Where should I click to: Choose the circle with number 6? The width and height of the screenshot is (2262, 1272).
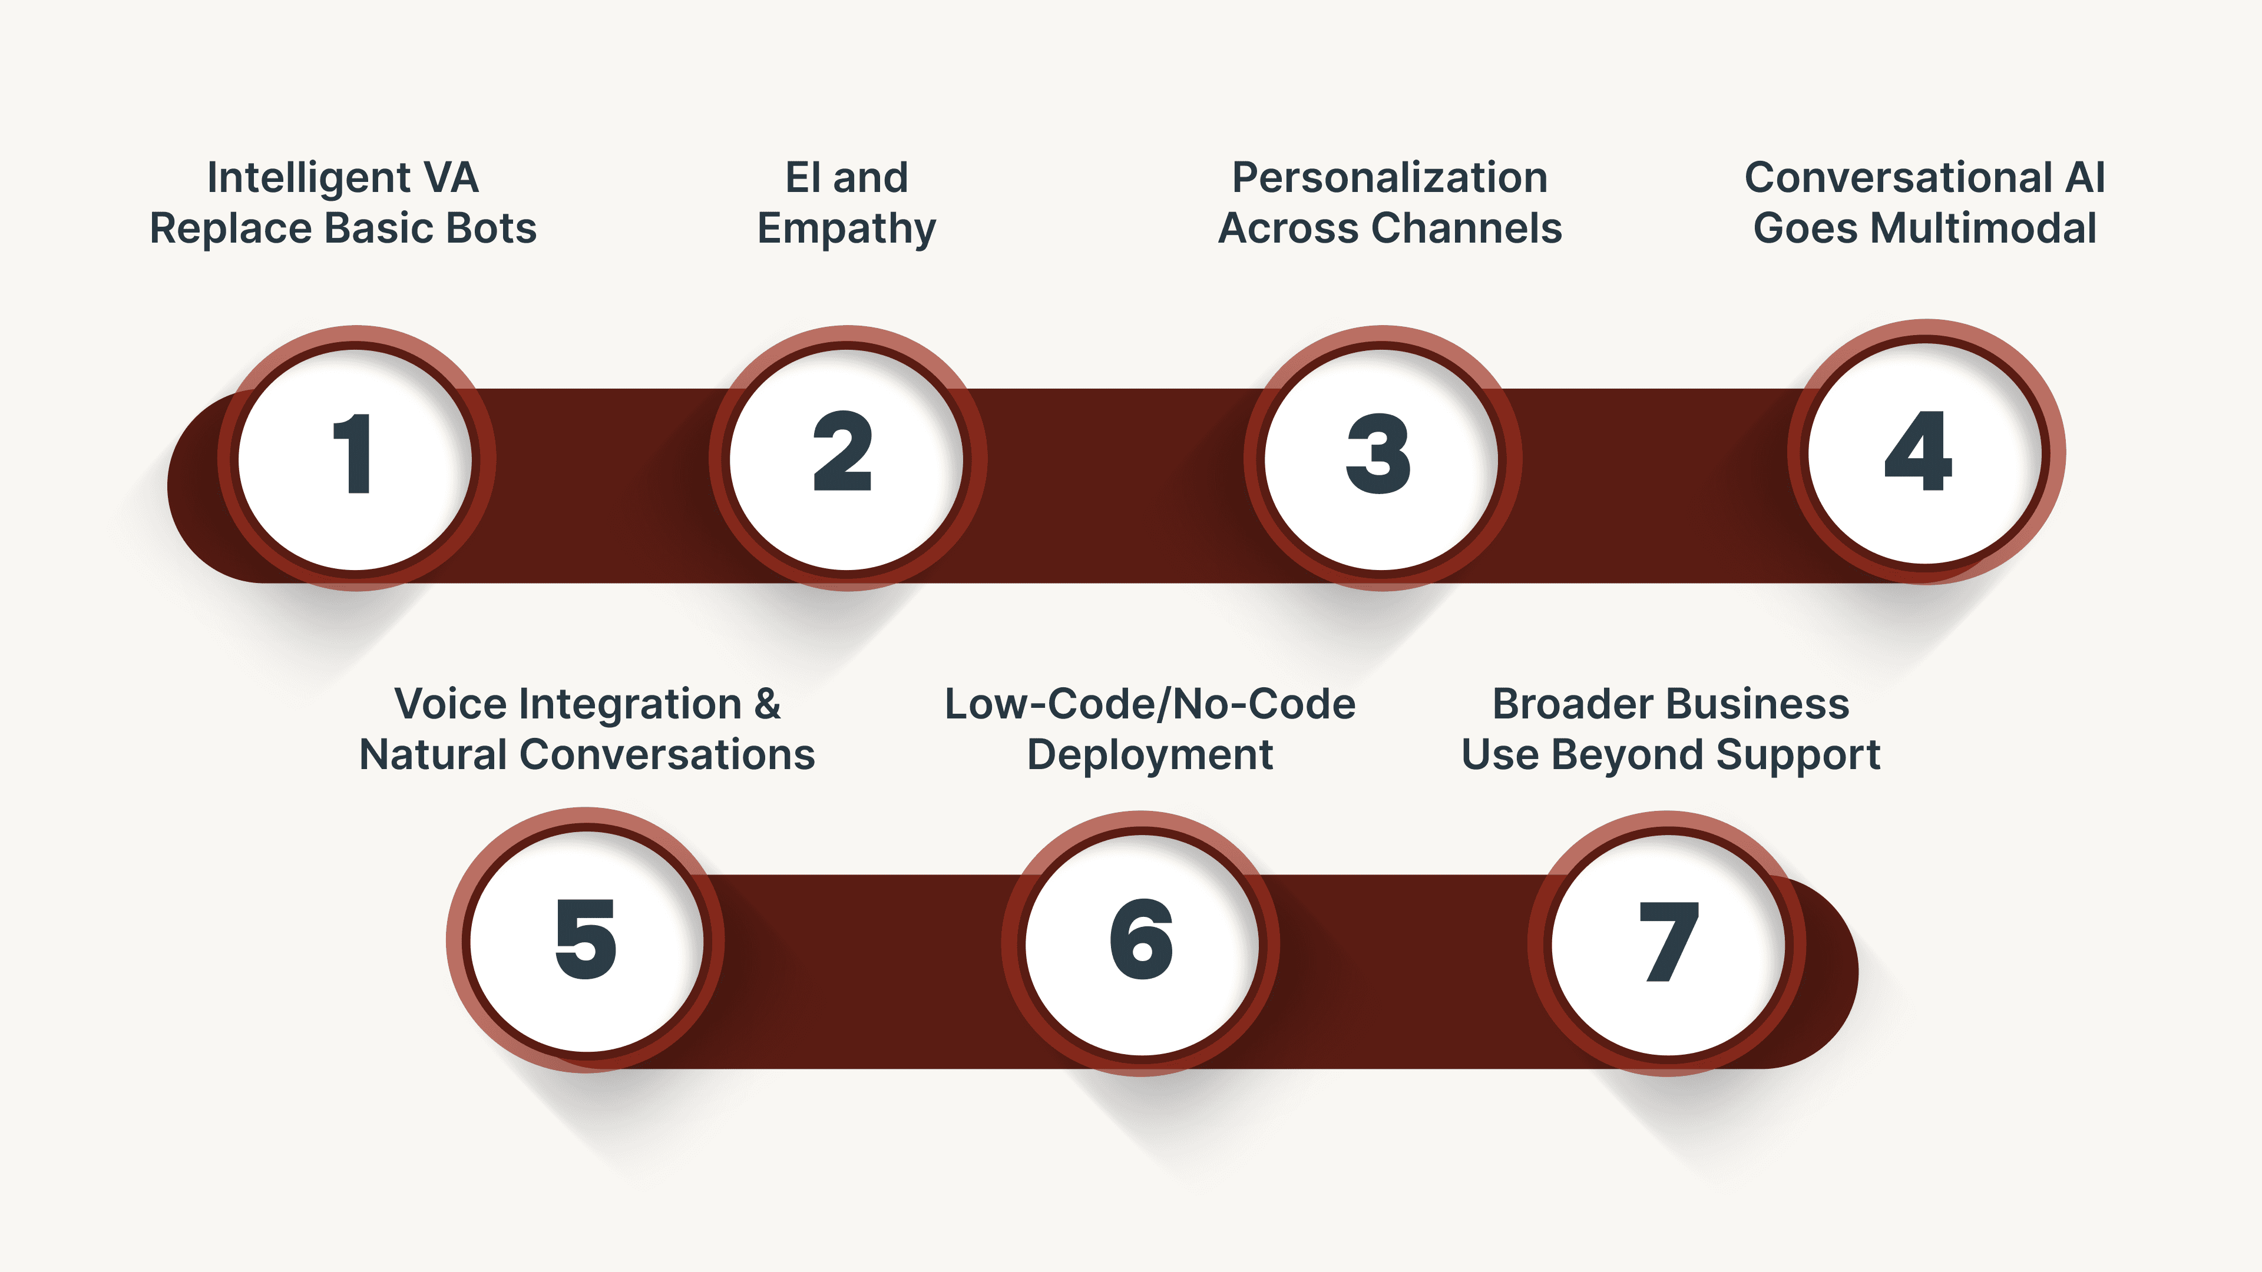pos(1142,943)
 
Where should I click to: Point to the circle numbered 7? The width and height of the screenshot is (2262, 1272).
pos(1668,943)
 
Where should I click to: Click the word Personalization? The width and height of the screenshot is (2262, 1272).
pos(1389,178)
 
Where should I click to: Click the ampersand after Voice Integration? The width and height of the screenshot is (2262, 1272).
pos(766,704)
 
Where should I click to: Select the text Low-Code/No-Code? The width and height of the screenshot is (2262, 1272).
pos(1149,704)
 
